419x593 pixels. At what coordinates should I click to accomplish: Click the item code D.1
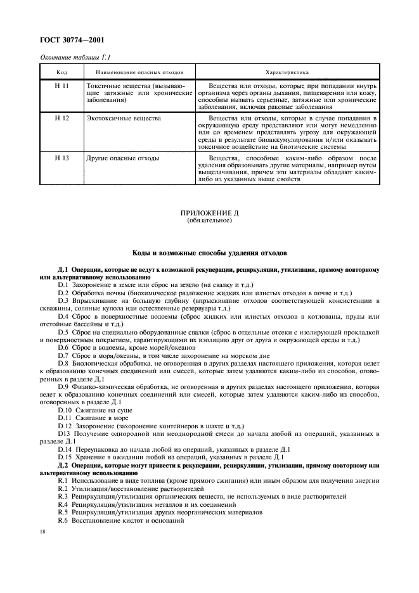[62, 284]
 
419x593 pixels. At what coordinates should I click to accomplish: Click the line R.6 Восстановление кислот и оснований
[121, 520]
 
